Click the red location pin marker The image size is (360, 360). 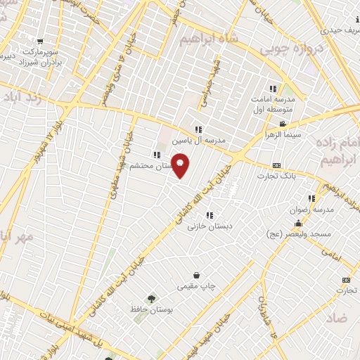click(x=181, y=165)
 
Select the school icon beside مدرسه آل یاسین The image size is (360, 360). click(x=199, y=129)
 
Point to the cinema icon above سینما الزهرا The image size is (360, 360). click(x=283, y=124)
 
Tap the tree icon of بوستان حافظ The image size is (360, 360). click(x=150, y=299)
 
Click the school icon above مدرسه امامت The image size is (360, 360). click(x=274, y=89)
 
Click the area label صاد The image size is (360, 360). click(x=338, y=318)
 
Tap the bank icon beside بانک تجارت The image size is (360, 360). click(x=275, y=166)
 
